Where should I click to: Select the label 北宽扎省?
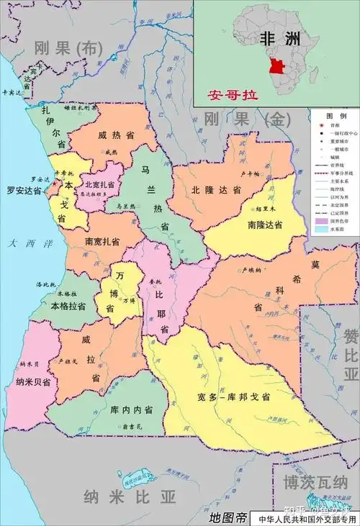point(100,183)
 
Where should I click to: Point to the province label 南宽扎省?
point(102,240)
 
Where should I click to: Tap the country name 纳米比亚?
point(130,496)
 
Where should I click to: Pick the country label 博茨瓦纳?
point(315,481)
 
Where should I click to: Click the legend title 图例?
point(336,115)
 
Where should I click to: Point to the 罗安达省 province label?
point(22,191)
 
